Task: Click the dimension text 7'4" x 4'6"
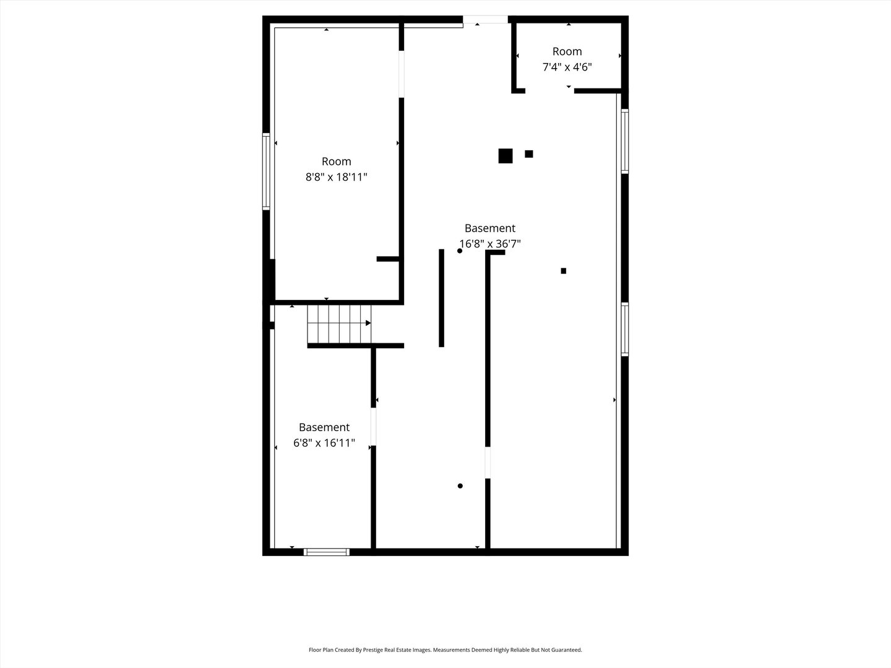click(x=567, y=67)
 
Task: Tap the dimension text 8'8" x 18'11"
click(x=336, y=177)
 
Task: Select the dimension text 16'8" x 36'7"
click(x=489, y=244)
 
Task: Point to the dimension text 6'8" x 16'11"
click(x=324, y=443)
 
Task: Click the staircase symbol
click(x=338, y=324)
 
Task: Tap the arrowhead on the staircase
click(x=368, y=323)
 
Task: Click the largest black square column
click(x=505, y=156)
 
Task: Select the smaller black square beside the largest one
click(x=528, y=154)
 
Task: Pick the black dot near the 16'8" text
click(x=460, y=250)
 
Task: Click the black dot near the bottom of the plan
click(x=460, y=486)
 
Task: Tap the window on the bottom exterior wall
click(x=326, y=552)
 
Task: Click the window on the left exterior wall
click(x=266, y=171)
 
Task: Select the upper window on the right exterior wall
click(x=625, y=141)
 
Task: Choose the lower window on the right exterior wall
click(x=625, y=329)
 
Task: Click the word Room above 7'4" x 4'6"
click(x=567, y=51)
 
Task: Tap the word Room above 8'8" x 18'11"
click(x=336, y=161)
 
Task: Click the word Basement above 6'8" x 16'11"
click(x=324, y=427)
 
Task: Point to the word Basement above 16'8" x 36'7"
click(x=489, y=228)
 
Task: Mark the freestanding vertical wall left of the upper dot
click(x=441, y=298)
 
